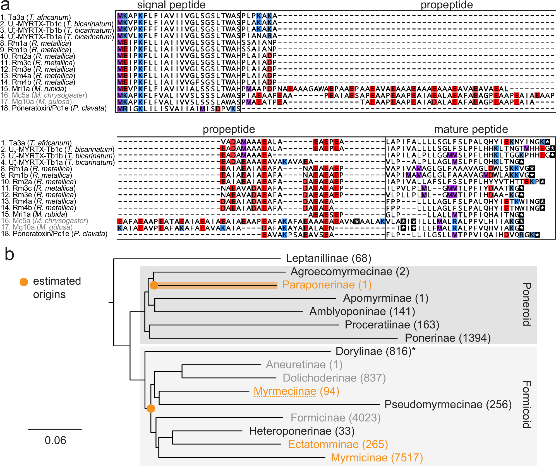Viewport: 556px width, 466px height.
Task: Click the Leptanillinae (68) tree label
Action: [329, 258]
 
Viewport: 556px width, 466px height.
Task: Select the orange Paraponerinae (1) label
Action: [327, 285]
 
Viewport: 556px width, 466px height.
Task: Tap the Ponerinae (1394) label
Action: [447, 338]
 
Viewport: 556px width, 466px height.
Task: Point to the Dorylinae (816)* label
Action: [375, 351]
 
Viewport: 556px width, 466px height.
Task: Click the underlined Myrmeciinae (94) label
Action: [296, 391]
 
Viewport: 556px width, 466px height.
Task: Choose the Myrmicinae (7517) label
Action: [377, 458]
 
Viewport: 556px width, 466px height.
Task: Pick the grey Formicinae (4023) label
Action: [335, 418]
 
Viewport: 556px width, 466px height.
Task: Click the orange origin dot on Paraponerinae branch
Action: [154, 285]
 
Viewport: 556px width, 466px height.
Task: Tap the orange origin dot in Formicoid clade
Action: [151, 409]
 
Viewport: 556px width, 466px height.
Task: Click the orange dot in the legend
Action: [24, 282]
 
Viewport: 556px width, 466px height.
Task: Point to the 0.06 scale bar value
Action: [55, 441]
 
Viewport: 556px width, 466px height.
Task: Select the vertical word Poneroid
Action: [526, 304]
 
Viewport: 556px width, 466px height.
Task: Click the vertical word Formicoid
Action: [526, 404]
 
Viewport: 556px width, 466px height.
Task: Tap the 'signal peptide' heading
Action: [171, 5]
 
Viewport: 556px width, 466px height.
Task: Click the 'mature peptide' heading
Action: [471, 129]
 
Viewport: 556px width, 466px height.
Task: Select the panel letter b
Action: [9, 254]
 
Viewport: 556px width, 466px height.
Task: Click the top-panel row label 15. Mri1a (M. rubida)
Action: [33, 89]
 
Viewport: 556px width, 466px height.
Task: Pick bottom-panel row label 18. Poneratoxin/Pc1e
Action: [54, 234]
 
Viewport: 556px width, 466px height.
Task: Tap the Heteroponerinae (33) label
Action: [302, 431]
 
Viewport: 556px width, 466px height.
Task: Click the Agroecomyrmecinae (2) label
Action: [350, 271]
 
